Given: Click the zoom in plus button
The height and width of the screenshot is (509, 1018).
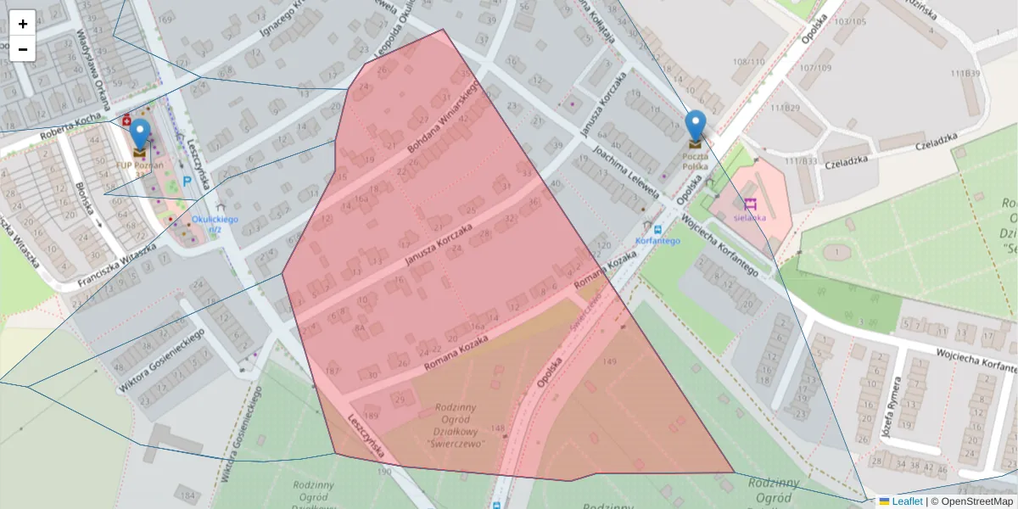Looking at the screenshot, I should tap(23, 23).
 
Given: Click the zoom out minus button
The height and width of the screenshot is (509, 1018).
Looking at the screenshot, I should tap(23, 49).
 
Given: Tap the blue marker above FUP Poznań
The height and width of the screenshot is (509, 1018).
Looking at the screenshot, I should tap(140, 136).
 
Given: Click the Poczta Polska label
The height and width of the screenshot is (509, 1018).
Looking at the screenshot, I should tap(695, 161).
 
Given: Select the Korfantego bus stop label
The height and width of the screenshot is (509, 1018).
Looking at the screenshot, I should tap(657, 241).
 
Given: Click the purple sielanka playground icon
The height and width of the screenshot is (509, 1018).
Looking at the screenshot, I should tap(750, 204).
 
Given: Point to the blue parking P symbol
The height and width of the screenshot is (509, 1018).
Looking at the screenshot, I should tap(187, 181).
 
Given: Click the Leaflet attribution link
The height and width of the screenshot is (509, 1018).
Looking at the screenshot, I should tap(907, 501).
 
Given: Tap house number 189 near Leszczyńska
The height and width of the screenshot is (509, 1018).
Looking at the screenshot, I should tap(371, 414).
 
